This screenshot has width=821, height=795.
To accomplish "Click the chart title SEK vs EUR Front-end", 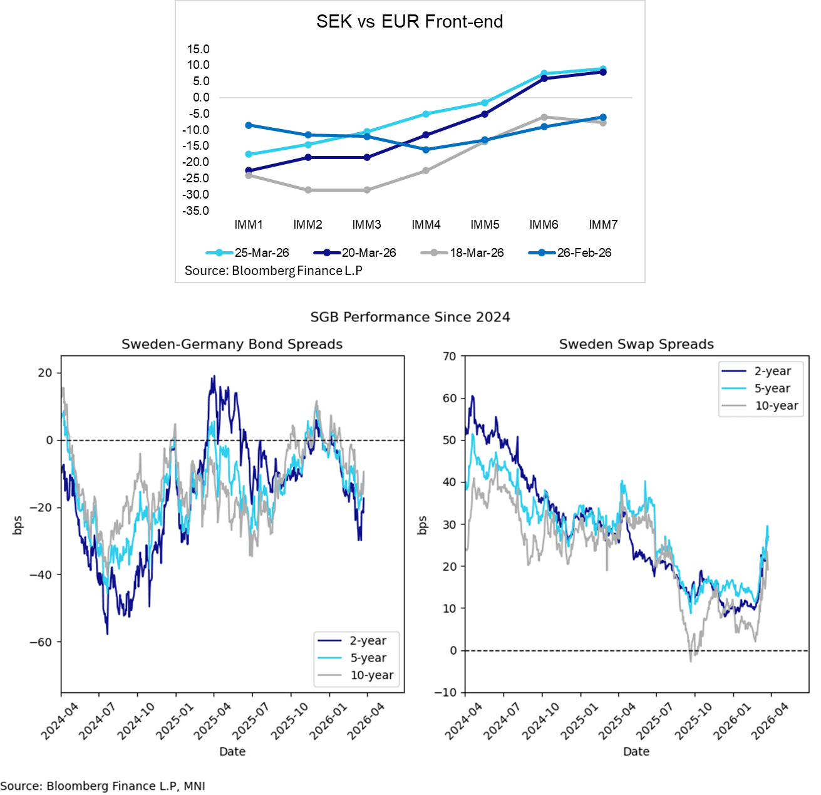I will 410,22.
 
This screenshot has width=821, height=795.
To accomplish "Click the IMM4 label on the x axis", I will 426,225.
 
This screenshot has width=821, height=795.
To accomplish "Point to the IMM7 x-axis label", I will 603,225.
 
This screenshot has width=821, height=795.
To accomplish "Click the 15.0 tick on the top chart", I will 199,49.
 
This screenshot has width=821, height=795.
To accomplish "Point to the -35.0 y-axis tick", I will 196,211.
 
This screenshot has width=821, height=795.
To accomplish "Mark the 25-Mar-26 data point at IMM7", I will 603,69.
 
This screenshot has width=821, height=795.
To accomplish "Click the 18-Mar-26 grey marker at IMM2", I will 308,190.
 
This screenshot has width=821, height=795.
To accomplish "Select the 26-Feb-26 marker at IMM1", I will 249,125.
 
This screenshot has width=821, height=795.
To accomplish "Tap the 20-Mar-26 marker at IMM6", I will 544,78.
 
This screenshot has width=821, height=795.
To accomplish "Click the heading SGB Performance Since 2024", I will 410,317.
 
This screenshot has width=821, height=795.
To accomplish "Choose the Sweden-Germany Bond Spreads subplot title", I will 232,344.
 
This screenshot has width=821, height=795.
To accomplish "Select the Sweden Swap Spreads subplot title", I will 636,344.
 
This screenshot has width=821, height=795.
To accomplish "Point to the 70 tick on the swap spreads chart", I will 450,356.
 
